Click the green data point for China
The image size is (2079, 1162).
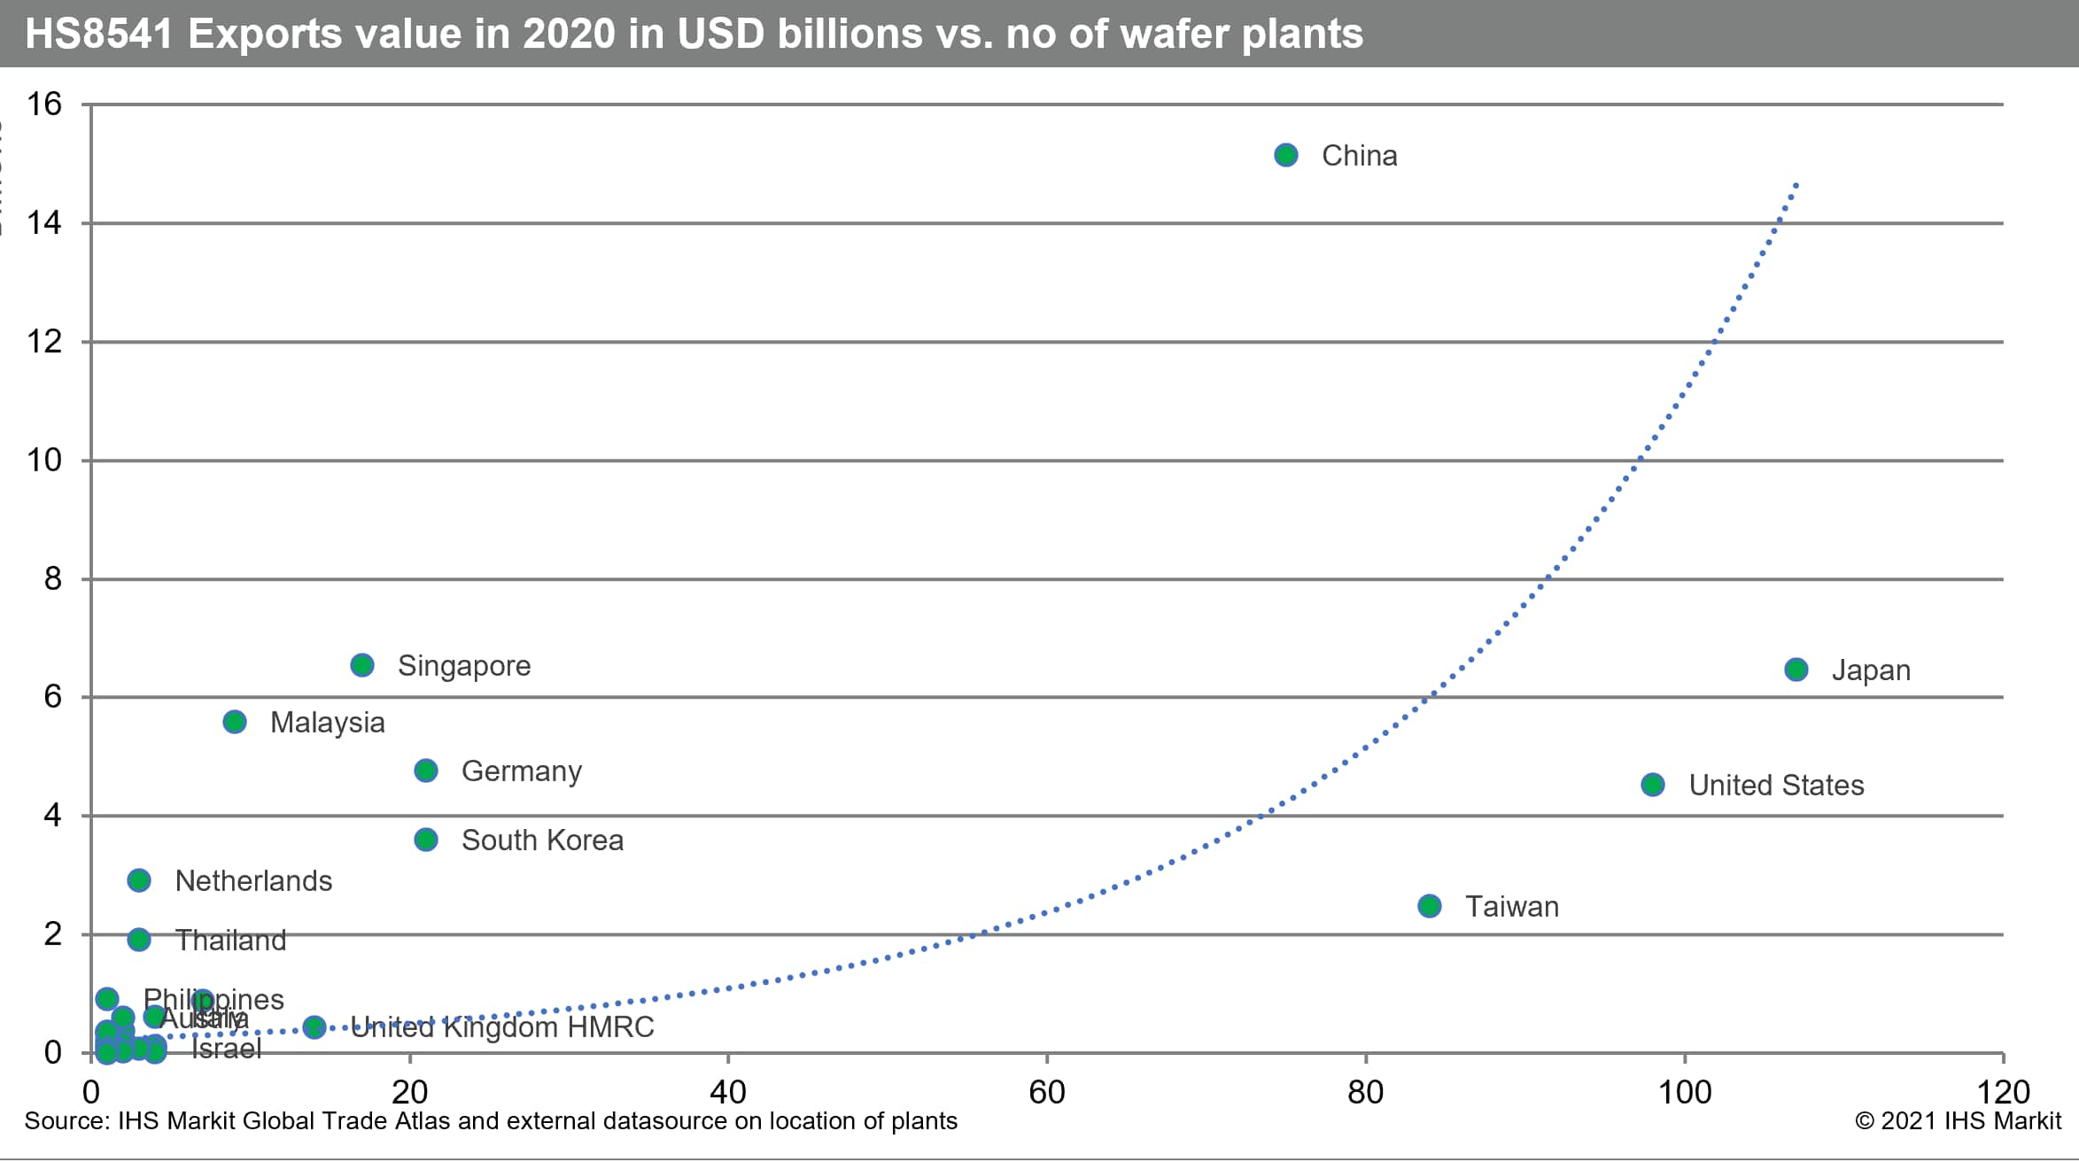(1286, 156)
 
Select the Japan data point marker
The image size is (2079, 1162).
(1796, 670)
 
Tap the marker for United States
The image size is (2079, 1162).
(1653, 785)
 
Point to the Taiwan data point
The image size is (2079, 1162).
(1430, 906)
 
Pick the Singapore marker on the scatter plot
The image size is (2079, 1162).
(362, 665)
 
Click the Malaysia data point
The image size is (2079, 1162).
(235, 722)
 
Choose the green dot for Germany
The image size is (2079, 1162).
(426, 771)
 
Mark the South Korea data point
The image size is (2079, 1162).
(426, 840)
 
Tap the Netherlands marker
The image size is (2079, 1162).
(139, 880)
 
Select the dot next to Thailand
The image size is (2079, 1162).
(139, 940)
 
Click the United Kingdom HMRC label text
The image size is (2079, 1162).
(502, 1027)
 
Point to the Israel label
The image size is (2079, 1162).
(227, 1049)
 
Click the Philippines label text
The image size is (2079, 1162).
(214, 999)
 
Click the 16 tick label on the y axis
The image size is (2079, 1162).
(44, 105)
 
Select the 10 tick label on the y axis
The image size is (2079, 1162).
(44, 461)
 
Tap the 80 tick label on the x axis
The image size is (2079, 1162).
(1365, 1093)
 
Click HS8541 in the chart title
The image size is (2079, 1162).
(98, 34)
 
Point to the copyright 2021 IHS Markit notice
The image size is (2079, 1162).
(1959, 1121)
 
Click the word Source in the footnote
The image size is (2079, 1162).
(66, 1121)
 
